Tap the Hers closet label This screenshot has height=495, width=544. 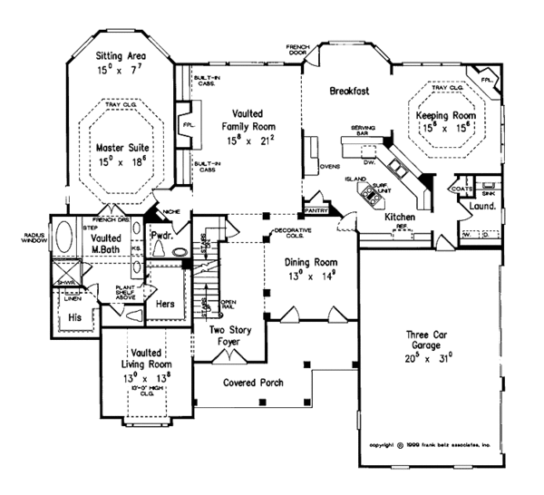coord(164,305)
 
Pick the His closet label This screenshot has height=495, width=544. coord(75,318)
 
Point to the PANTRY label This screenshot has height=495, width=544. coord(316,209)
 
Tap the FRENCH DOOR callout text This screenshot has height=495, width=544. coord(297,48)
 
